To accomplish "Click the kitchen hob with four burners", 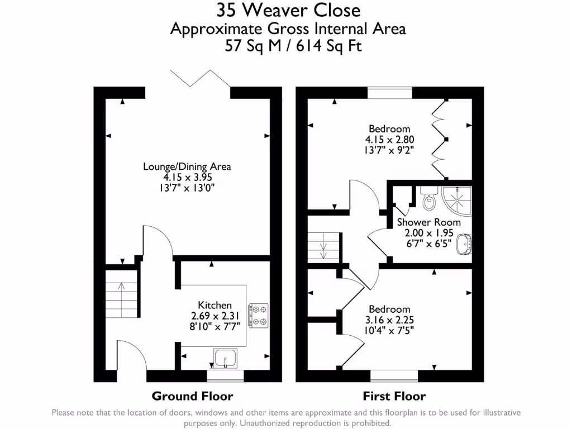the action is pyautogui.click(x=259, y=315).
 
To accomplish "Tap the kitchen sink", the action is pyautogui.click(x=225, y=358).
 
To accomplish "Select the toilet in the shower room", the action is pyautogui.click(x=428, y=198).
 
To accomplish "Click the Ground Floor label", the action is pyautogui.click(x=192, y=396).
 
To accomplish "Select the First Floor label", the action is pyautogui.click(x=394, y=396).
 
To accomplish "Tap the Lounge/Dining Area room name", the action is pyautogui.click(x=187, y=166).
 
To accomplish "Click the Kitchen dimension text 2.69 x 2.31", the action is pyautogui.click(x=214, y=316).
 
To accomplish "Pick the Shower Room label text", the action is pyautogui.click(x=428, y=222).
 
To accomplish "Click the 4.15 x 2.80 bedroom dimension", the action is pyautogui.click(x=389, y=139).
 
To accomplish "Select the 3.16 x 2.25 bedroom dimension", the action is pyautogui.click(x=389, y=320).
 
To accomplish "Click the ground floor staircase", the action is pyautogui.click(x=121, y=294).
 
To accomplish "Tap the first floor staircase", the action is pyautogui.click(x=323, y=247).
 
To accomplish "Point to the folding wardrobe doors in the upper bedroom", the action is pyautogui.click(x=439, y=139).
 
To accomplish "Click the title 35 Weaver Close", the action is pyautogui.click(x=289, y=10).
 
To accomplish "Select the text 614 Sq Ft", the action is pyautogui.click(x=328, y=46).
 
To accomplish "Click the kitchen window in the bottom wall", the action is pyautogui.click(x=225, y=376).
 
